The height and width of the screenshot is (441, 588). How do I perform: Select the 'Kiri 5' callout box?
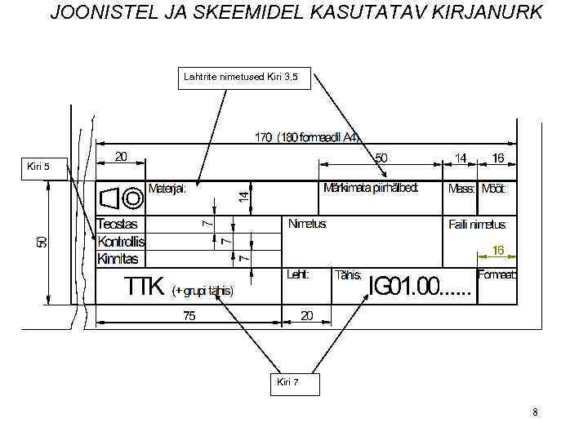39,167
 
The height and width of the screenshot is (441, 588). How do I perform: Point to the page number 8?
535,412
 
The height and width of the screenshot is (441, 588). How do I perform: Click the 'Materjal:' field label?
167,189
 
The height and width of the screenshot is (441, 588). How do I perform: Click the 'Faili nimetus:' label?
478,224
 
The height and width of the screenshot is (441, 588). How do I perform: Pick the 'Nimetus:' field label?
308,223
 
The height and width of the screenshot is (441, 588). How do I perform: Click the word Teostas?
118,223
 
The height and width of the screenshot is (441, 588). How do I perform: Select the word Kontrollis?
121,241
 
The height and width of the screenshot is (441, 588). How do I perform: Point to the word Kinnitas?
118,259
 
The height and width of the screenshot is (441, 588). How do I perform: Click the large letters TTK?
145,287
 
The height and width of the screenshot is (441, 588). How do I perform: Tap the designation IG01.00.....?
405,287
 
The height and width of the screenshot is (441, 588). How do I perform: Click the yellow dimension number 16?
497,250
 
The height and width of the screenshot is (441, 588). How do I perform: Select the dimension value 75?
189,316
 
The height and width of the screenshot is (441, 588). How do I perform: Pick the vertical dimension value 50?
42,242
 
